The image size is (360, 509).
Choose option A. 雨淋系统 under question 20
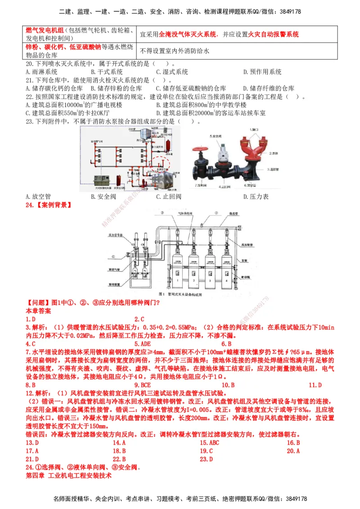click(41, 72)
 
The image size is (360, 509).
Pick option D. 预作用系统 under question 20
click(262, 72)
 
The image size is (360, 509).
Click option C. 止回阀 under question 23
click(169, 196)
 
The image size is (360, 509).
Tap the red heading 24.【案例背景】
click(48, 205)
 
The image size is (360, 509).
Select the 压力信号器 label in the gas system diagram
click(116, 235)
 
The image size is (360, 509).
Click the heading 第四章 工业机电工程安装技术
click(68, 475)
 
